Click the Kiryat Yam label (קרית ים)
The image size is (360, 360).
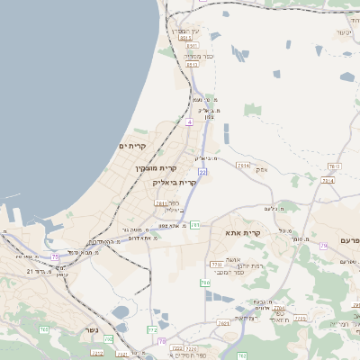(x=132, y=146)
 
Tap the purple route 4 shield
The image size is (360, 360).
(x=190, y=120)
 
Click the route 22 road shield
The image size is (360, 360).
(x=202, y=171)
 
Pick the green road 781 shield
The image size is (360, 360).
(x=193, y=224)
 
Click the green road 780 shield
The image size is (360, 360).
(x=204, y=283)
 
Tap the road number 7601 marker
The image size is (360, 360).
(x=223, y=322)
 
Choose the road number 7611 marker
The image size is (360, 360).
(x=242, y=166)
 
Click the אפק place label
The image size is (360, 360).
(x=262, y=168)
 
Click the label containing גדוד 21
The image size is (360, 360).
(x=40, y=271)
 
